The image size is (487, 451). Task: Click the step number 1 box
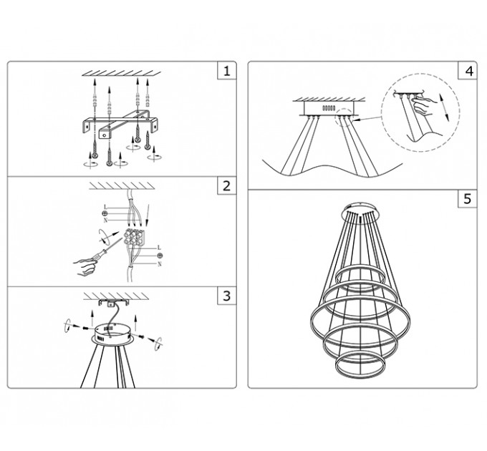click(x=227, y=71)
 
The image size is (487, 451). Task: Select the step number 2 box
click(x=227, y=185)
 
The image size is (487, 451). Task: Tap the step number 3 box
click(x=227, y=296)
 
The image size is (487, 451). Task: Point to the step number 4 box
click(x=468, y=71)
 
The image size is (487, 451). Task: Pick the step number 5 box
click(x=468, y=198)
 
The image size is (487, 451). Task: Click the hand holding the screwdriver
click(x=85, y=266)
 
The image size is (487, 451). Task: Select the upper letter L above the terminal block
click(x=105, y=207)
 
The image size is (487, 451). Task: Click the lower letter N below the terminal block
click(x=160, y=264)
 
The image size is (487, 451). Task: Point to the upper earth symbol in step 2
click(x=105, y=213)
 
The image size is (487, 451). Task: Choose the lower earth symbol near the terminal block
click(x=160, y=256)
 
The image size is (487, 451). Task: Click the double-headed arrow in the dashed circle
click(x=444, y=107)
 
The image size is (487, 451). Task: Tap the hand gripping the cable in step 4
click(x=423, y=105)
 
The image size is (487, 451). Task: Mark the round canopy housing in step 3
click(x=112, y=334)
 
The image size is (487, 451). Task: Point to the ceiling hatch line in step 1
click(x=122, y=74)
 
